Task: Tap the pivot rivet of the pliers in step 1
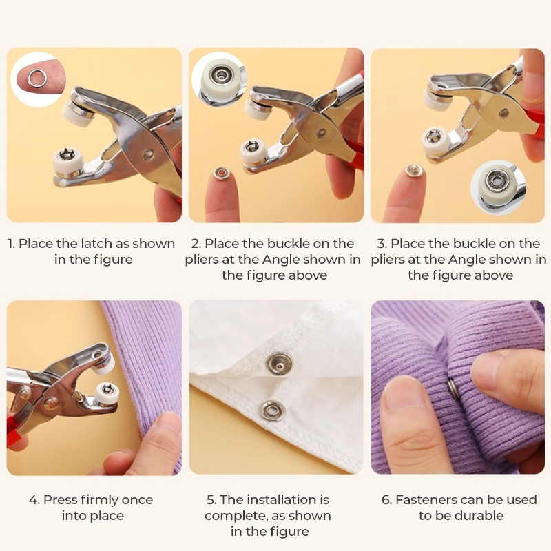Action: point(149,154)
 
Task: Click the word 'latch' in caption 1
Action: point(94,244)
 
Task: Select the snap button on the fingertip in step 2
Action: point(220,174)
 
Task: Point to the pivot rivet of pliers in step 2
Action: point(320,132)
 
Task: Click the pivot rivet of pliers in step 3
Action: point(504,113)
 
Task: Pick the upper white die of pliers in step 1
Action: point(75,112)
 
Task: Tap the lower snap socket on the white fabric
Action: point(272,411)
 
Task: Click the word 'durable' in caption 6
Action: point(480,516)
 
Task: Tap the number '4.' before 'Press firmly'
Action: point(34,500)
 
